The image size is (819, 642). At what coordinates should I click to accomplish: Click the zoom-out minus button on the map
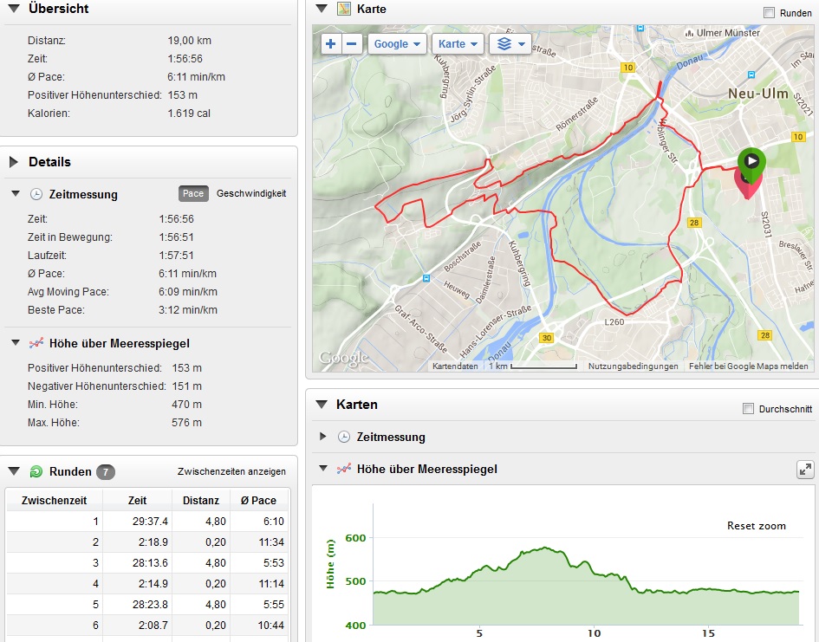click(x=352, y=44)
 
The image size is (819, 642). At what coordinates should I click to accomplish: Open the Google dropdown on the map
click(x=397, y=44)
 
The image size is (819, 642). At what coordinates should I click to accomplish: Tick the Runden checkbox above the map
click(x=769, y=13)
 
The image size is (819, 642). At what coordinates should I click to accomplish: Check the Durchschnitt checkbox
click(x=749, y=409)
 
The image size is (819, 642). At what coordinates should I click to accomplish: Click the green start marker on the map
click(x=751, y=162)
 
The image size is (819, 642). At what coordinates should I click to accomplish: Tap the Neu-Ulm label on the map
click(x=757, y=94)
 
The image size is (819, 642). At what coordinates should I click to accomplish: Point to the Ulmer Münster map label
click(x=728, y=33)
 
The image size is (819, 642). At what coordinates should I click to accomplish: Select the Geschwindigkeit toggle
click(x=251, y=193)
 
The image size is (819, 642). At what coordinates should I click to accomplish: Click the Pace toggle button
click(x=193, y=193)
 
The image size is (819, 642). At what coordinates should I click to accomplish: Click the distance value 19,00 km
click(x=189, y=41)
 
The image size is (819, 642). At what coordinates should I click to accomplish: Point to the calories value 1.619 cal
click(x=189, y=113)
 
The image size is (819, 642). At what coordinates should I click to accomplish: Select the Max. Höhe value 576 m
click(x=186, y=423)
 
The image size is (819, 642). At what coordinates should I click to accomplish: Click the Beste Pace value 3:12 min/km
click(x=188, y=310)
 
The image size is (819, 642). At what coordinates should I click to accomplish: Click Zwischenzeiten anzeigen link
click(x=231, y=471)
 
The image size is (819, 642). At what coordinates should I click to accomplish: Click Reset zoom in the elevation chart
click(x=756, y=526)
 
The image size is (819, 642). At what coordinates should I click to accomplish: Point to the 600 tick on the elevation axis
click(x=355, y=538)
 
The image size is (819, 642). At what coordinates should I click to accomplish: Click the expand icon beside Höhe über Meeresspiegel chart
click(x=805, y=469)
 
